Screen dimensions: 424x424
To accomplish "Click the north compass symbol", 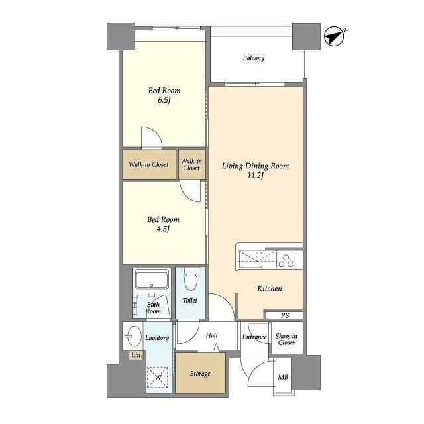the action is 335,36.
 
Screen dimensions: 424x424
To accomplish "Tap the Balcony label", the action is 253,58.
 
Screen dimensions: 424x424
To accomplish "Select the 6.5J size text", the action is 164,100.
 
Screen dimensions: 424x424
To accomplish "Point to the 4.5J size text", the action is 163,229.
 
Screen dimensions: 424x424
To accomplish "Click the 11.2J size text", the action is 255,175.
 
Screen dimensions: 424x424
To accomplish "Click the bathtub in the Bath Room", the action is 152,280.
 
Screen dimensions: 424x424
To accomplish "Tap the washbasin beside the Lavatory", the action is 134,336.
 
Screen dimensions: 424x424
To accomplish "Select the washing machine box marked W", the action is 158,377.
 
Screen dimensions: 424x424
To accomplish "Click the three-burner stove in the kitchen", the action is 286,260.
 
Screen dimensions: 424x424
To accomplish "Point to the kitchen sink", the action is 250,260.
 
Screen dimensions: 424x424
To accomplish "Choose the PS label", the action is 284,315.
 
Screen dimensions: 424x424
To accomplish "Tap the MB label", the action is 283,377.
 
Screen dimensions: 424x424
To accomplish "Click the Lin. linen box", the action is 136,355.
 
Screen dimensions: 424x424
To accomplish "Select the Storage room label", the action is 200,374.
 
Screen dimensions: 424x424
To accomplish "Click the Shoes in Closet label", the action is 286,339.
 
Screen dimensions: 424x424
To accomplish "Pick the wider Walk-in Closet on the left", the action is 149,164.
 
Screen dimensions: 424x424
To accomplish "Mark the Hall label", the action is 212,335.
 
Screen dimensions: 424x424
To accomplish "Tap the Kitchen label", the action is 270,289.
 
